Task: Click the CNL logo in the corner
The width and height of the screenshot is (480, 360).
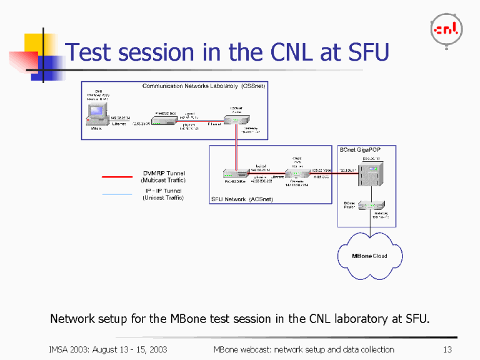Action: coord(447,29)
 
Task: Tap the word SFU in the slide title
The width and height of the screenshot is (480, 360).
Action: coord(367,52)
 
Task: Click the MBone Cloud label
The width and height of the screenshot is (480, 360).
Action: coord(369,256)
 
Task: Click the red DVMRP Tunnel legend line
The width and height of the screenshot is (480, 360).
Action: coord(117,177)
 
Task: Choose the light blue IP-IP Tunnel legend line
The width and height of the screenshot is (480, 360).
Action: coord(117,194)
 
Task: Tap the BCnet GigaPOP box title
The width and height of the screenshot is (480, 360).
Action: coord(359,150)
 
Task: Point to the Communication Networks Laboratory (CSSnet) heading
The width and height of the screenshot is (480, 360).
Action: coord(204,86)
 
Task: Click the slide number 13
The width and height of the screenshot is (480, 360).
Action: coord(446,349)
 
